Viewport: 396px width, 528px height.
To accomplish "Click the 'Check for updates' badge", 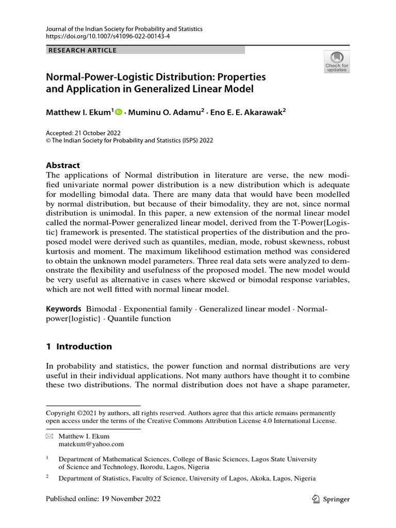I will click(337, 61).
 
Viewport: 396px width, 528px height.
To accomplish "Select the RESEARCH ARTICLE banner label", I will click(82, 50).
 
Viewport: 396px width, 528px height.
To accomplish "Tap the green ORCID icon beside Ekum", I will click(119, 111).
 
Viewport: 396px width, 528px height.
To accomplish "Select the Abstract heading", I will click(63, 166).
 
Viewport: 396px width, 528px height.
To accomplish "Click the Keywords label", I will click(63, 309).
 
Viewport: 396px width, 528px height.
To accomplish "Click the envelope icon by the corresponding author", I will click(49, 436).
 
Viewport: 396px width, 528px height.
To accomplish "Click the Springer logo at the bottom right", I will click(331, 499).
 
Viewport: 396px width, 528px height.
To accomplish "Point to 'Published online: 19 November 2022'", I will click(103, 499).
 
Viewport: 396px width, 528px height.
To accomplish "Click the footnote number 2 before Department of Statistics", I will click(47, 477).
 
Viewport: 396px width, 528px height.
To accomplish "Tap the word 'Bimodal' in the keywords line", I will click(101, 309).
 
